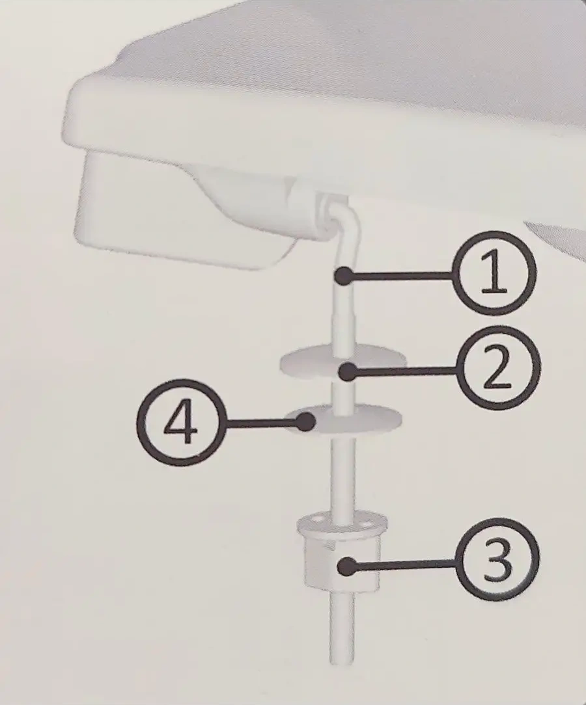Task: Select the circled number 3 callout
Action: pyautogui.click(x=497, y=563)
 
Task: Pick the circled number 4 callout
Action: pyautogui.click(x=179, y=423)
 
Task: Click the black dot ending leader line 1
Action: pyautogui.click(x=344, y=276)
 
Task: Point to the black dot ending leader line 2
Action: pyautogui.click(x=348, y=372)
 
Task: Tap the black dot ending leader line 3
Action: pyautogui.click(x=346, y=566)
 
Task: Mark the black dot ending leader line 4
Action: pyautogui.click(x=307, y=422)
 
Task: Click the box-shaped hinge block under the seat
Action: pyautogui.click(x=180, y=211)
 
